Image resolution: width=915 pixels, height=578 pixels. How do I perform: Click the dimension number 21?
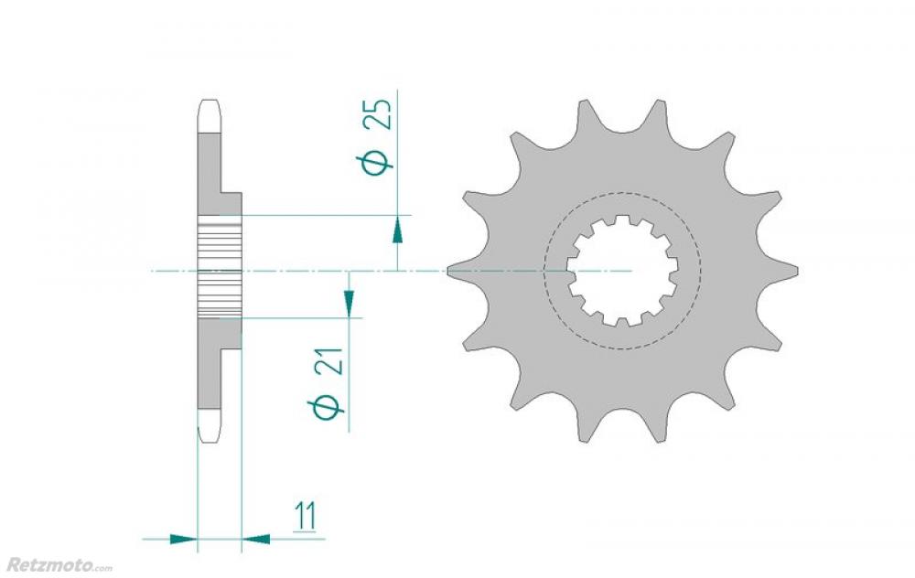pyautogui.click(x=331, y=361)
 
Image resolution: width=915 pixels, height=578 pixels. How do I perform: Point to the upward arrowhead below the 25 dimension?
pyautogui.click(x=397, y=229)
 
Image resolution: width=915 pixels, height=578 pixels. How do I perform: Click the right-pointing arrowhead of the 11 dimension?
pyautogui.click(x=183, y=539)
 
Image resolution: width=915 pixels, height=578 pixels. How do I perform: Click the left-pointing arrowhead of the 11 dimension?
pyautogui.click(x=255, y=539)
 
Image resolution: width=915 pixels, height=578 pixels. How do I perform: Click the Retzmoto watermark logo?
pyautogui.click(x=59, y=564)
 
